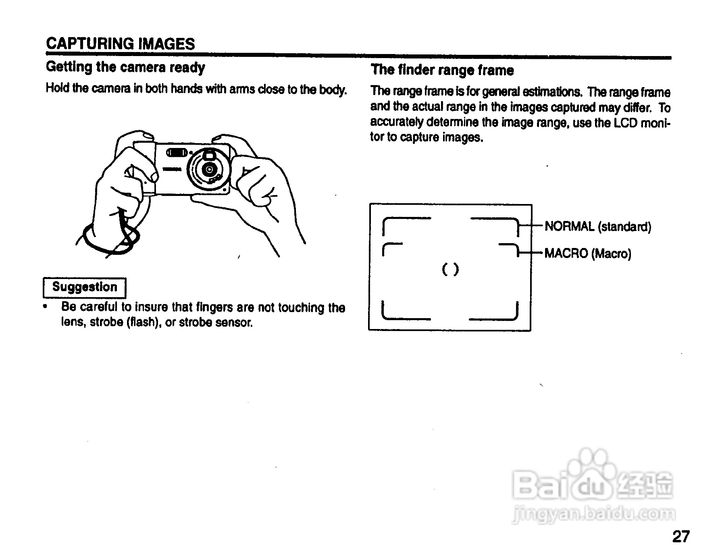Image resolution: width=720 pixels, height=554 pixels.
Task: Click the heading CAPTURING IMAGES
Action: [x=121, y=44]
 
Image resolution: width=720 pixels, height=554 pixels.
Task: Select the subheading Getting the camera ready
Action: [x=125, y=67]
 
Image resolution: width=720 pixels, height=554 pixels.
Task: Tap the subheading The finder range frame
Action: [x=442, y=70]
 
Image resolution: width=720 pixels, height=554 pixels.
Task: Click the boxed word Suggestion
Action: [x=85, y=287]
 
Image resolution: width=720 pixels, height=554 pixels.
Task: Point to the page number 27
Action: [x=681, y=537]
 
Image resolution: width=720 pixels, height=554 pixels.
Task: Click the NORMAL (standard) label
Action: [x=597, y=226]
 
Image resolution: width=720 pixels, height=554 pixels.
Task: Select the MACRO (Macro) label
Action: [x=587, y=254]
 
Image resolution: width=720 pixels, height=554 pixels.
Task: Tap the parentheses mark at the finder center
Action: [x=450, y=269]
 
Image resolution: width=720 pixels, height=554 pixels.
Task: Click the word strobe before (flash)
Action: [x=107, y=323]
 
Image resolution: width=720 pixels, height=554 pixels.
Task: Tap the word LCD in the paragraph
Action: [x=626, y=123]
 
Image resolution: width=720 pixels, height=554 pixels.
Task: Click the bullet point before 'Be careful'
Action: [x=46, y=307]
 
